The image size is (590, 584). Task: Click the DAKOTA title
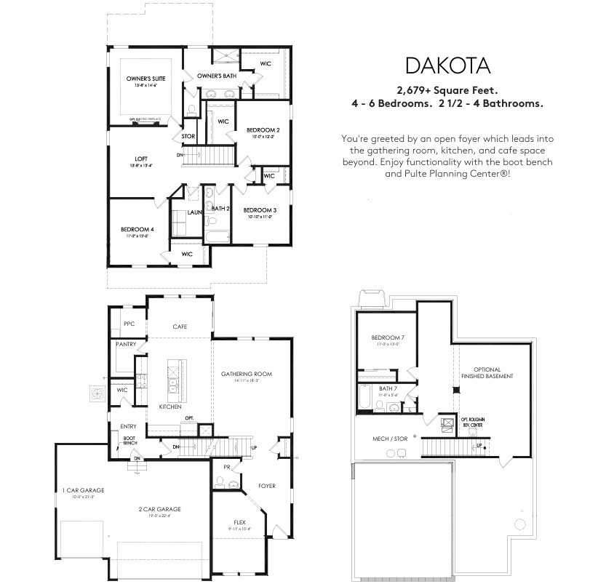[447, 65]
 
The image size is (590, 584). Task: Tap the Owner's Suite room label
[145, 78]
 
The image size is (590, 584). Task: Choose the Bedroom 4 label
[135, 228]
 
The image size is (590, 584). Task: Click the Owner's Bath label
[216, 76]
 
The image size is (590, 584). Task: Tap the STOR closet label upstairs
[188, 136]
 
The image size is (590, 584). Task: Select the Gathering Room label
[246, 374]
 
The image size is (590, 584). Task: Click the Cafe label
[180, 327]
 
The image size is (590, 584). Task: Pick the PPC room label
[129, 324]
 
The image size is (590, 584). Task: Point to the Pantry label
[126, 345]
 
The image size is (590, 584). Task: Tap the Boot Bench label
[129, 440]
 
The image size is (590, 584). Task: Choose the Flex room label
[239, 521]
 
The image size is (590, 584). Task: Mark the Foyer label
[267, 485]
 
